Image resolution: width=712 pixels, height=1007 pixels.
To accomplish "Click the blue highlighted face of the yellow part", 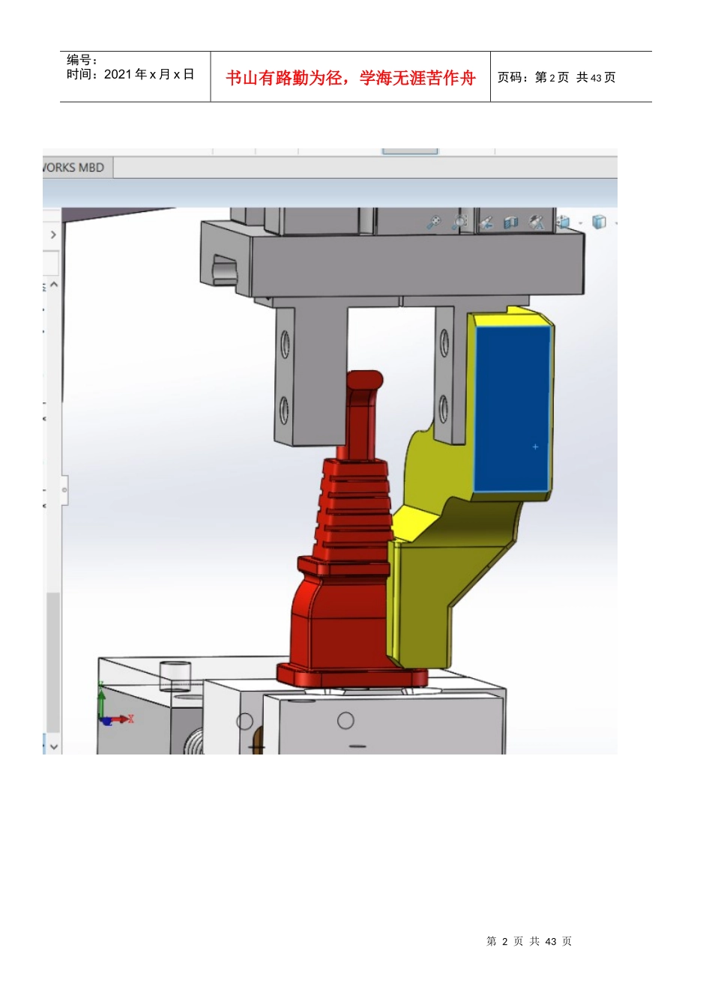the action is [x=513, y=408].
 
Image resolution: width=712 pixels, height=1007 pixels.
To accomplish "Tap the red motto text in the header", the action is [x=350, y=78].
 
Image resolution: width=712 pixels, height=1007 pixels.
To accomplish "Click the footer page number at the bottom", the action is [x=528, y=941].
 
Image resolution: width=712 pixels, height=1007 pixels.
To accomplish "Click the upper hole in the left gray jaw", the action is [x=285, y=344].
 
